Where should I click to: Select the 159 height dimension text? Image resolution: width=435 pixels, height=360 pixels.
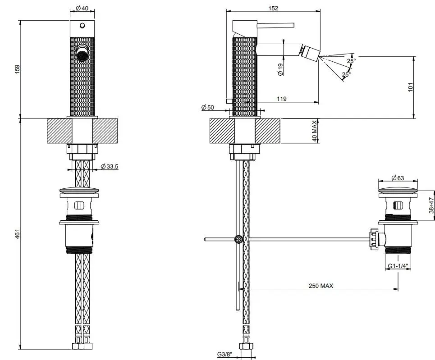coord(18,69)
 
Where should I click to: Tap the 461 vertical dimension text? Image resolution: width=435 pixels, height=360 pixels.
coord(18,234)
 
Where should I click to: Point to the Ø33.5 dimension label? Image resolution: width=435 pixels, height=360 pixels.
coord(110,166)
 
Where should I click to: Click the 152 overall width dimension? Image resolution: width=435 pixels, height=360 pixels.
coord(273,8)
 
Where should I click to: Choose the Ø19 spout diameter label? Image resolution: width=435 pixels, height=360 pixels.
coord(280,68)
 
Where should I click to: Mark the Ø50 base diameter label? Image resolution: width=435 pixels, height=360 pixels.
coord(208,107)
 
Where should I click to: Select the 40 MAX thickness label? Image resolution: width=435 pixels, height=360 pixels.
coord(314,131)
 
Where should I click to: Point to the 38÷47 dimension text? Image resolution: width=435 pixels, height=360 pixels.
coord(431,205)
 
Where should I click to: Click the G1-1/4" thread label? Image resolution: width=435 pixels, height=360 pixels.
coord(398,266)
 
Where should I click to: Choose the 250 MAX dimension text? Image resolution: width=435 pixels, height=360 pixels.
coord(321,286)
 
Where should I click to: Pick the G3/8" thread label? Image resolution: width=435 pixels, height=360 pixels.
coord(224,355)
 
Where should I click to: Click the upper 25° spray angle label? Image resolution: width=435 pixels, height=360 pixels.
coord(351,60)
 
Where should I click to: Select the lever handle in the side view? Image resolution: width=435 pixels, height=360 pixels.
coord(275,24)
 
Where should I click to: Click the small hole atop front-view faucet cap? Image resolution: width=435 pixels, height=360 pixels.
coord(82,25)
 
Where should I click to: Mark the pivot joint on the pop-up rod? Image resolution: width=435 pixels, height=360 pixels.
coord(238,239)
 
